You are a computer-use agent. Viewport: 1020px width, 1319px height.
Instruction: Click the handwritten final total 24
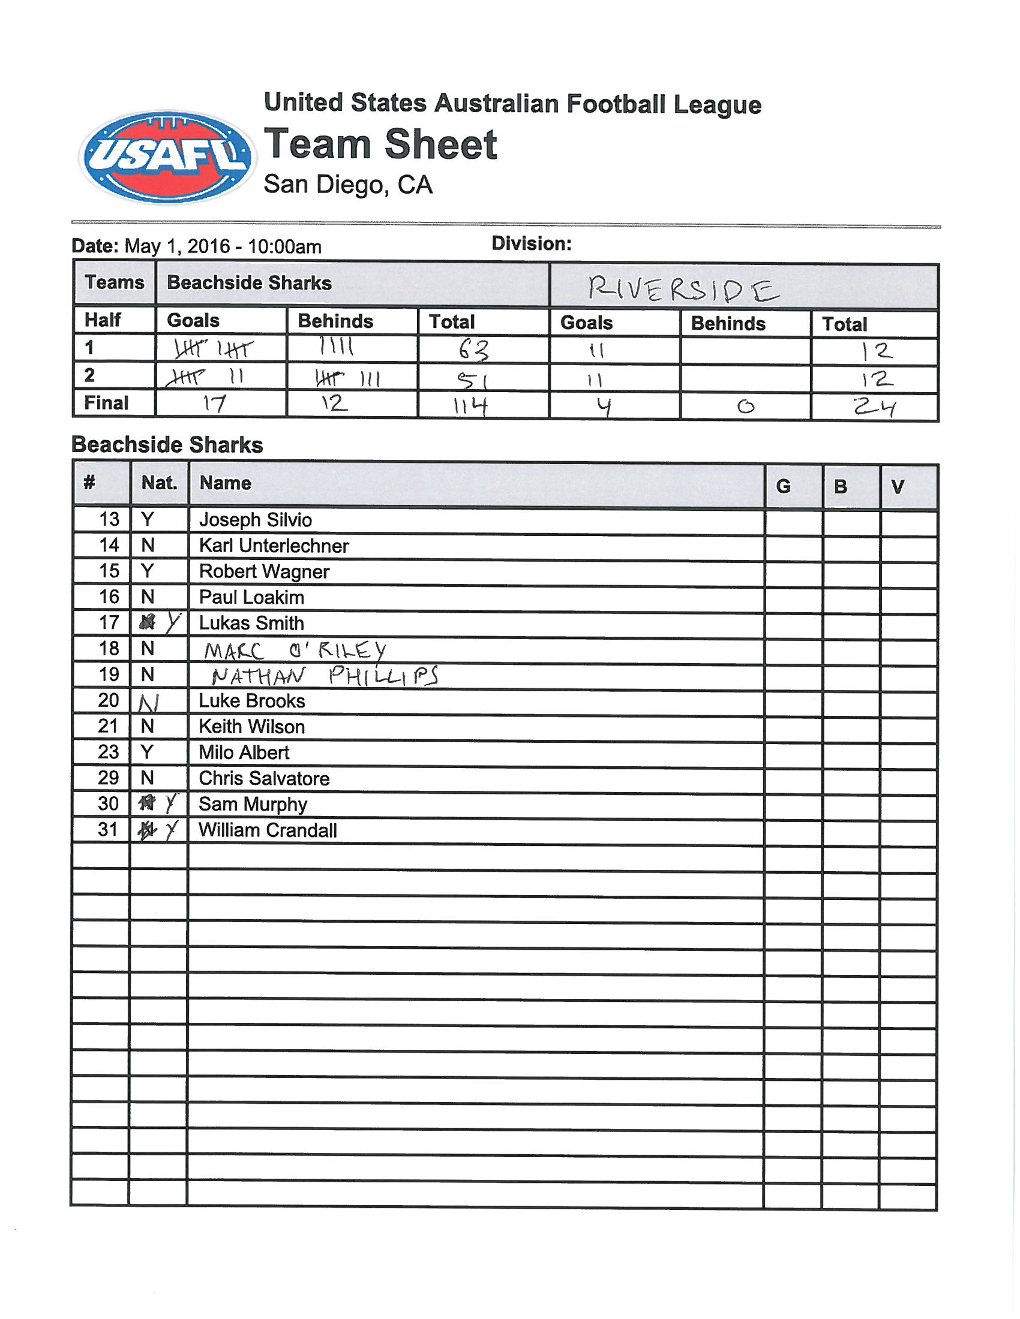point(874,408)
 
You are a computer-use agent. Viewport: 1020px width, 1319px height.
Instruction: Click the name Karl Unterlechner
point(274,546)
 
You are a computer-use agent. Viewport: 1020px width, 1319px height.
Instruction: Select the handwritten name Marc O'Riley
point(294,651)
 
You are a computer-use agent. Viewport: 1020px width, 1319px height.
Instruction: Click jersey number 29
point(108,778)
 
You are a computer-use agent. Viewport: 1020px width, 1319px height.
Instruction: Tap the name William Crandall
point(268,830)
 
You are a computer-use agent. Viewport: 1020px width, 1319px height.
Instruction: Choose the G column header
point(783,486)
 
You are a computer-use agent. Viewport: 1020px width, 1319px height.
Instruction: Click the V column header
point(898,486)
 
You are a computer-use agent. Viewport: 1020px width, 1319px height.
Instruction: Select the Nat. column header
point(159,483)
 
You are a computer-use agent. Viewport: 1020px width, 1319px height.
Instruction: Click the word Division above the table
point(530,244)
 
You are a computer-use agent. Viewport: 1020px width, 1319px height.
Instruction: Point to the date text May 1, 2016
point(177,246)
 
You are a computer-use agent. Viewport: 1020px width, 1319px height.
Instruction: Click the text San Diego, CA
point(348,184)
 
